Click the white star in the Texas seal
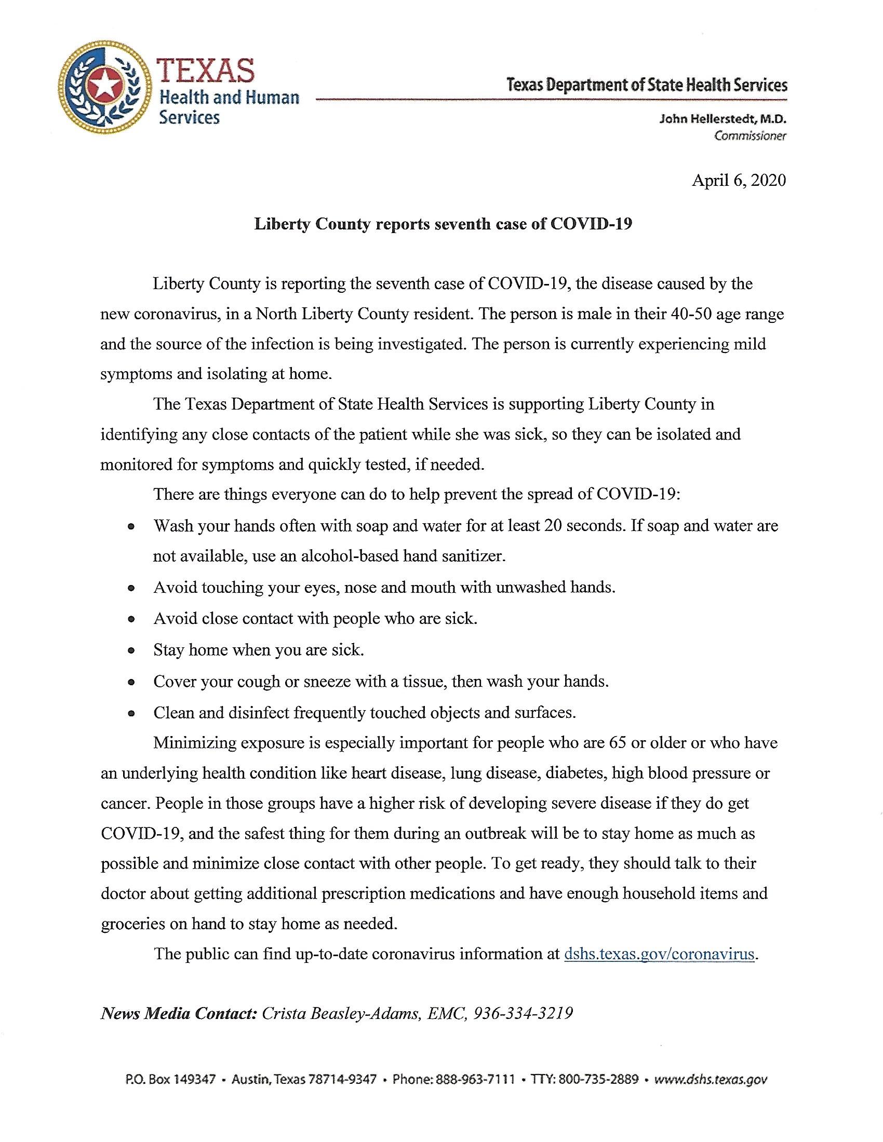coord(103,84)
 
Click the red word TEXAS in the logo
coord(207,70)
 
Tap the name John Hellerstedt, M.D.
coord(723,119)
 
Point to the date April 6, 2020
coord(739,181)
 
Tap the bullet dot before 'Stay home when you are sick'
coord(132,651)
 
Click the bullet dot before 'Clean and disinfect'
coord(132,714)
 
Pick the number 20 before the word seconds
coord(553,525)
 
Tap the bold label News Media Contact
coord(178,1014)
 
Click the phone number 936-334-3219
coord(523,1014)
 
